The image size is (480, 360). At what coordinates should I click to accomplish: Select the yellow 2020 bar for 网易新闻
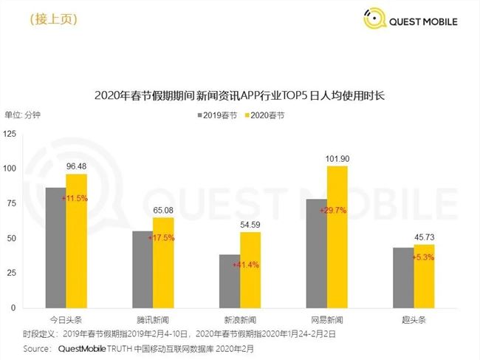(x=337, y=237)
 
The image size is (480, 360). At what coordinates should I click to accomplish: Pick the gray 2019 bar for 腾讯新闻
(x=143, y=269)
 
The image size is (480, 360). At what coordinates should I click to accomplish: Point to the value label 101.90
(x=337, y=158)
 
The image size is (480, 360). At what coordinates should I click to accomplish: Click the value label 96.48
(x=77, y=166)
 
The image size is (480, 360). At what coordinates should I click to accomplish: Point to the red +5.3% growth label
(x=422, y=257)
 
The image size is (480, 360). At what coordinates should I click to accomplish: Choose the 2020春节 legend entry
(x=265, y=115)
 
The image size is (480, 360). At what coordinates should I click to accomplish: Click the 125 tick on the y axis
(x=10, y=133)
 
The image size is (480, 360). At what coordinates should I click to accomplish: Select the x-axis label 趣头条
(x=414, y=319)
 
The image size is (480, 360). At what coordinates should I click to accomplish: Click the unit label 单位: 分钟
(x=24, y=115)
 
